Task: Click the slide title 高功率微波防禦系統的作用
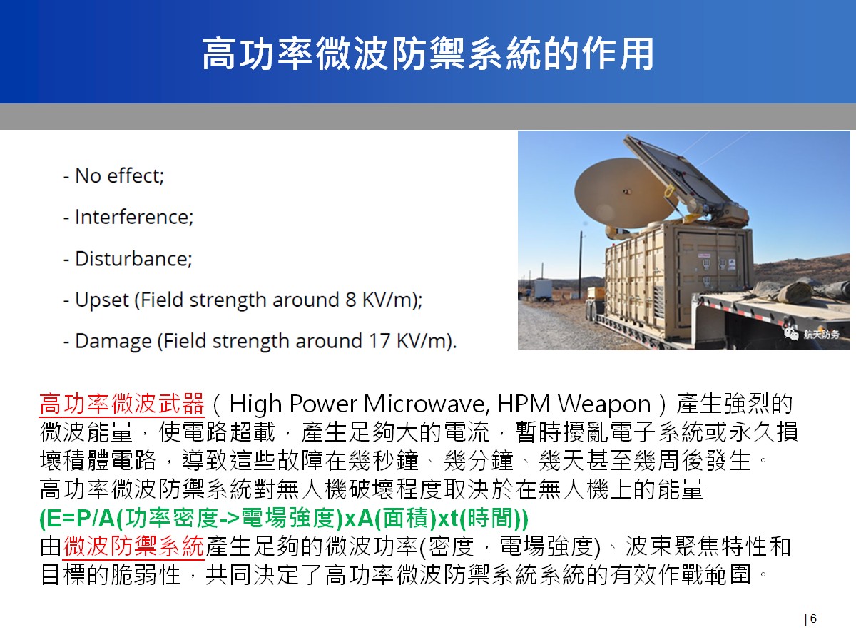click(428, 53)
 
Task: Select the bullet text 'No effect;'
click(119, 175)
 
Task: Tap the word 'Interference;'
click(134, 217)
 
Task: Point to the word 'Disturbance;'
click(133, 258)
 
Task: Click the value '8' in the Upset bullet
click(350, 300)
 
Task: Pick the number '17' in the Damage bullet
click(379, 341)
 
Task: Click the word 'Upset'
click(102, 300)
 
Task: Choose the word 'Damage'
click(113, 342)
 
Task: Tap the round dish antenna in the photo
click(626, 193)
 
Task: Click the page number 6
click(813, 618)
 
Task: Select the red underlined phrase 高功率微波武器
click(122, 404)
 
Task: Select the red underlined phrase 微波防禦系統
click(134, 546)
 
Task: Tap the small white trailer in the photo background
click(543, 289)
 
